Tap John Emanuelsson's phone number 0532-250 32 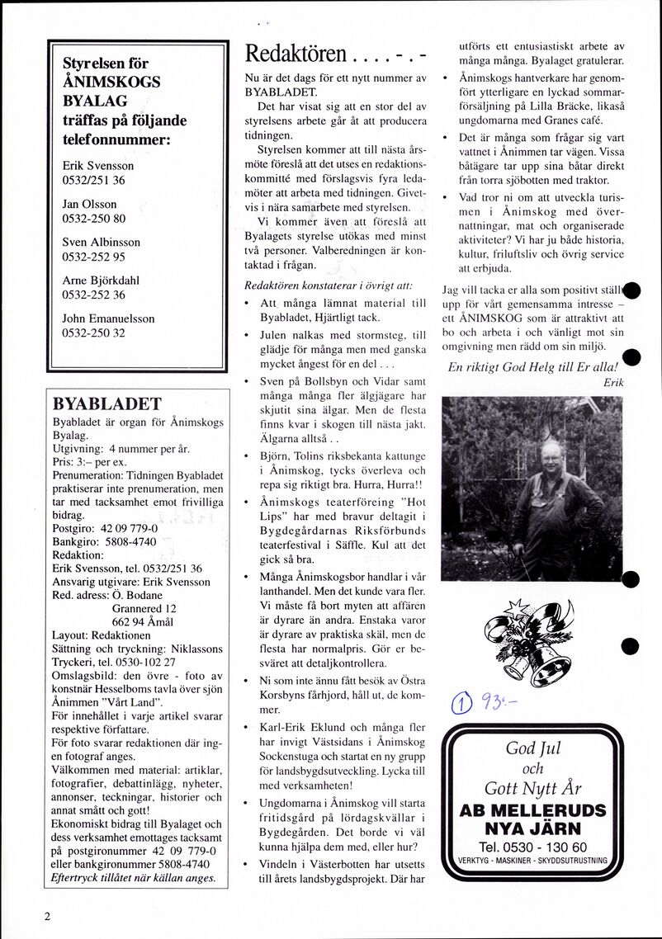pos(93,333)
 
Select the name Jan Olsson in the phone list pos(89,204)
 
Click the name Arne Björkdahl pos(101,281)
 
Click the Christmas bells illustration pos(527,636)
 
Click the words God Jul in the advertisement pos(532,748)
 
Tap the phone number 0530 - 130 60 pos(532,847)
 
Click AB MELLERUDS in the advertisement pos(532,810)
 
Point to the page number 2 pos(48,916)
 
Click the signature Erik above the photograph pos(612,382)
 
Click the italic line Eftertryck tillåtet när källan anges pos(133,878)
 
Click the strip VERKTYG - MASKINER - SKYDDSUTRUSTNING pos(532,861)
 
